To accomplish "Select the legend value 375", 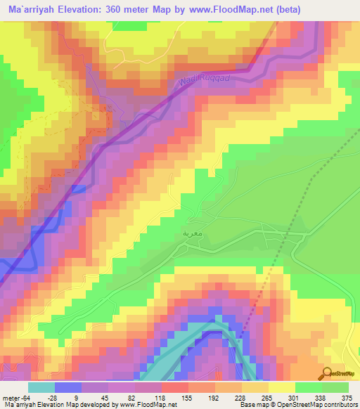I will pos(345,398).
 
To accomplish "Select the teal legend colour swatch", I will pos(41,387).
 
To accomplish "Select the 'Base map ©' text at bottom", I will pos(253,405).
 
